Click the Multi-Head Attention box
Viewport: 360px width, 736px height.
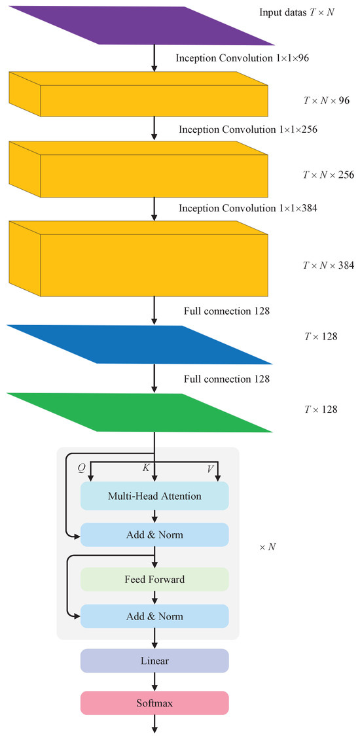tap(154, 497)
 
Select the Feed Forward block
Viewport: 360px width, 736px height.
tap(154, 579)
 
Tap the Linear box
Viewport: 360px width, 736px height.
tap(154, 661)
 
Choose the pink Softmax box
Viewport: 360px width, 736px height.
tap(154, 703)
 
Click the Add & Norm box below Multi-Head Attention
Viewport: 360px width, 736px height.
tap(154, 534)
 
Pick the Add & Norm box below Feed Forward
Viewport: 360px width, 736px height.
tap(154, 616)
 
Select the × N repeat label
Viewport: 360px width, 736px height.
tap(267, 546)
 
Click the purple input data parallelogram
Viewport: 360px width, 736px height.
tap(141, 26)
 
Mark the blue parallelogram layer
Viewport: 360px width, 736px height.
tap(141, 344)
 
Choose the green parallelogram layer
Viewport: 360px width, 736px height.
tap(141, 412)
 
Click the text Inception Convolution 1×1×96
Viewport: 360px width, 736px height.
tap(242, 58)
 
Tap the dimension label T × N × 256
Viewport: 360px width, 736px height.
tap(327, 175)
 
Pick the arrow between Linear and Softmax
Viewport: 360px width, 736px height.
tap(154, 682)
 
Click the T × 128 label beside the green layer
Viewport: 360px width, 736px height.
tap(320, 410)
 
